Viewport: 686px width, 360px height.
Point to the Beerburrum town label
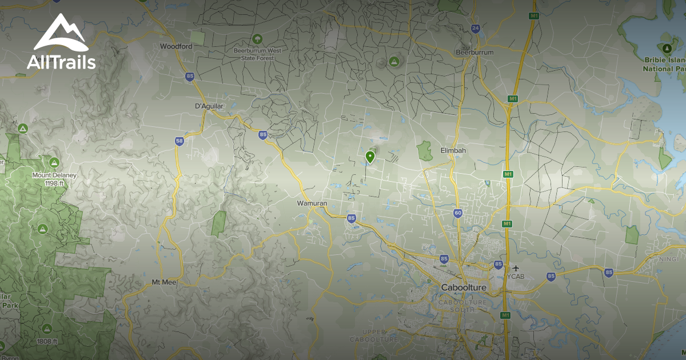474,53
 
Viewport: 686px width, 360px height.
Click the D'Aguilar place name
209,106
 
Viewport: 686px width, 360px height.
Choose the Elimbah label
453,150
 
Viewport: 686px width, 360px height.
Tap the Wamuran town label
312,203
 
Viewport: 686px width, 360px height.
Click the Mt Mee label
165,282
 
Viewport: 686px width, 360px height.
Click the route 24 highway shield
476,27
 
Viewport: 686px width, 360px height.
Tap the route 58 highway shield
180,141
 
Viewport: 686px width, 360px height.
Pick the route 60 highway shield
458,213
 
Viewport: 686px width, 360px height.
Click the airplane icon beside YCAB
516,268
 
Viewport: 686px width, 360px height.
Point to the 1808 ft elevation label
47,341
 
